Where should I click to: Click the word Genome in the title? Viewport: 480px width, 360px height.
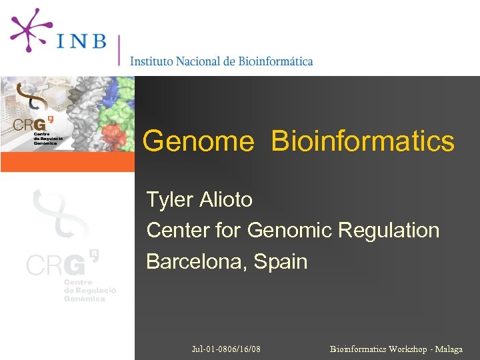(x=199, y=141)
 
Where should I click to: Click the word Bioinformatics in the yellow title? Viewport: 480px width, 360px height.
(x=363, y=141)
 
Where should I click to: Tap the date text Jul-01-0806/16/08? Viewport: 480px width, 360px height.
(x=226, y=349)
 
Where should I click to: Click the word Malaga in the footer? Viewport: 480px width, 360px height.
(x=449, y=349)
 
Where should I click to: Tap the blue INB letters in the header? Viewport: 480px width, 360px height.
(x=81, y=41)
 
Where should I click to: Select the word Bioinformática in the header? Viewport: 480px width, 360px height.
(x=275, y=61)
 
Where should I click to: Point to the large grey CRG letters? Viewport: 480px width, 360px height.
(x=56, y=265)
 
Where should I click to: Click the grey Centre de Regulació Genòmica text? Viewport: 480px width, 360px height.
(x=89, y=291)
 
